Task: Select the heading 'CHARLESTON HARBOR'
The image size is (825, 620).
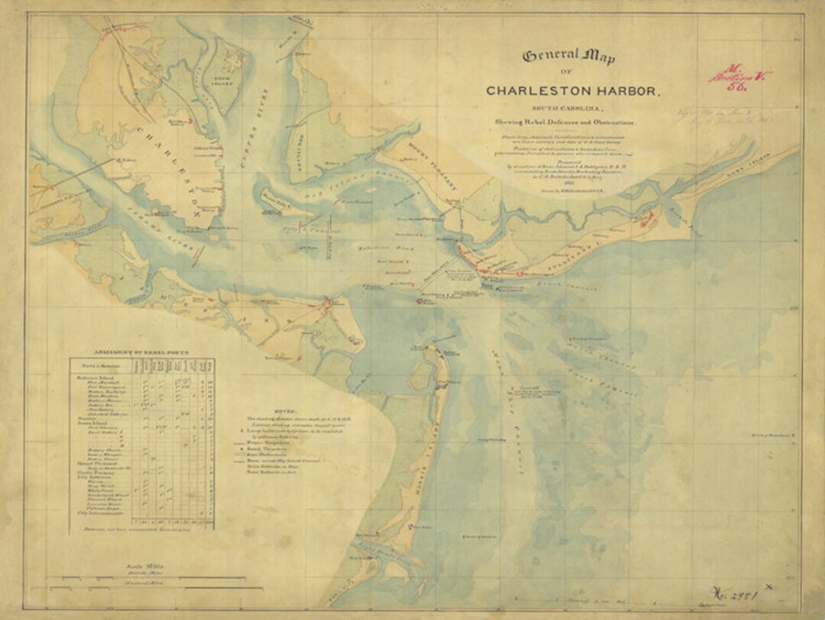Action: (x=571, y=91)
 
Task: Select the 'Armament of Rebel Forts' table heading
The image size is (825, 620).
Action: (x=142, y=353)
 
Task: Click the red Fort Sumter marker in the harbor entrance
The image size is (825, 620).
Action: (x=419, y=301)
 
